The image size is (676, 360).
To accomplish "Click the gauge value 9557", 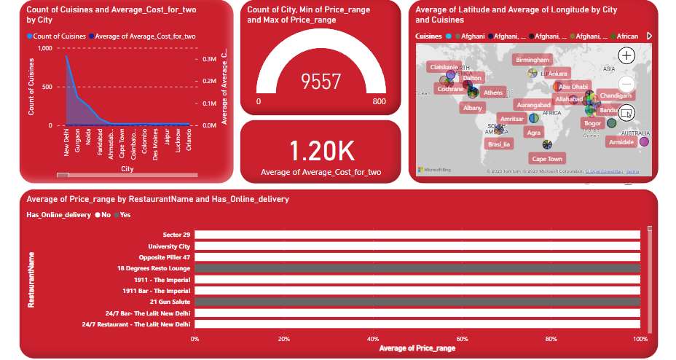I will click(x=321, y=82).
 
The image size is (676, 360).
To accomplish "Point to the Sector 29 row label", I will click(x=176, y=235).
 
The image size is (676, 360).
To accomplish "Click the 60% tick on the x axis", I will click(x=462, y=339).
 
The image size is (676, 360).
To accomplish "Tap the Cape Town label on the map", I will click(x=547, y=159).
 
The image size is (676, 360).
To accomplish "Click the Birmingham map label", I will click(x=531, y=60).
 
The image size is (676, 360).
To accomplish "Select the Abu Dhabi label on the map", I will click(x=573, y=86).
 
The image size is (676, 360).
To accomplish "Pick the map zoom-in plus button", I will click(x=626, y=56).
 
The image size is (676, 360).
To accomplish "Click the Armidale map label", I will click(x=621, y=142).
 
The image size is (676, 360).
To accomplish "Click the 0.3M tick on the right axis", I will click(x=209, y=59).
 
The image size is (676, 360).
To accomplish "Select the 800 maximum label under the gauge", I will click(x=379, y=101).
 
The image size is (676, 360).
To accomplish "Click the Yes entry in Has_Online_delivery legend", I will click(x=125, y=215).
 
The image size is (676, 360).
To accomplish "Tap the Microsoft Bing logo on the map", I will click(x=434, y=170).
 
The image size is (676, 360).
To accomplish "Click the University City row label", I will click(x=169, y=246).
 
